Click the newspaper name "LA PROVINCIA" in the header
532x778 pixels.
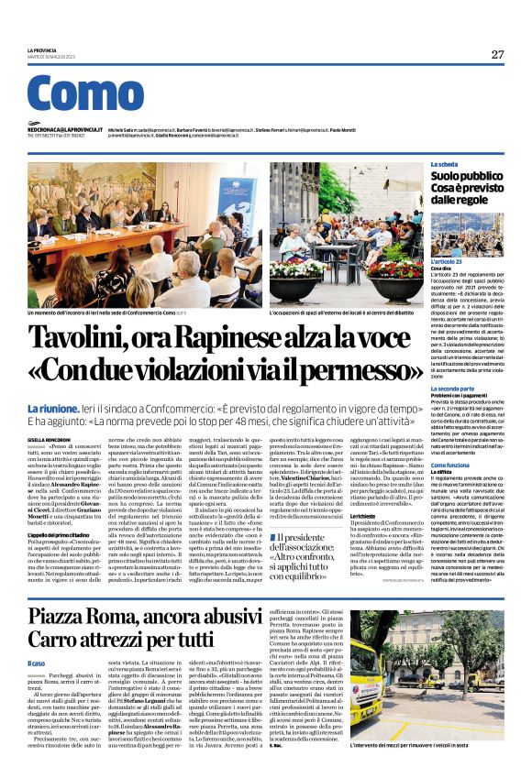click(42, 51)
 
